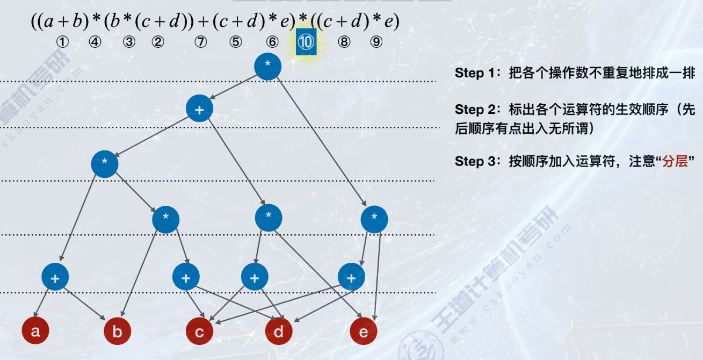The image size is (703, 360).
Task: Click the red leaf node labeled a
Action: (35, 332)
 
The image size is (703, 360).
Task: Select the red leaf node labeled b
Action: (117, 332)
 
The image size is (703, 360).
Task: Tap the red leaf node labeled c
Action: (199, 332)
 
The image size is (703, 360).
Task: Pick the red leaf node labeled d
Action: (278, 332)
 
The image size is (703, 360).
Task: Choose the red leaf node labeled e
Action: (364, 332)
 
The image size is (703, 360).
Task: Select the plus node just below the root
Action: (199, 109)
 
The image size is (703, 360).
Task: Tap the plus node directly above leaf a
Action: (55, 278)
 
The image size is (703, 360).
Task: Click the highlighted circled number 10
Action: (306, 42)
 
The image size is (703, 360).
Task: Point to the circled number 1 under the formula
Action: (62, 42)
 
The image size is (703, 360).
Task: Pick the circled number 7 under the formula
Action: (201, 42)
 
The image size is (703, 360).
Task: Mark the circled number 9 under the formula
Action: (376, 42)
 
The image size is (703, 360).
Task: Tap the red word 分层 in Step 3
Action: (675, 162)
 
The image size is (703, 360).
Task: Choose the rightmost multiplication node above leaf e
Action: (374, 218)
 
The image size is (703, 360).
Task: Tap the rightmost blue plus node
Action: (351, 278)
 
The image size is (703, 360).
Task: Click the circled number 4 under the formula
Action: (95, 42)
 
